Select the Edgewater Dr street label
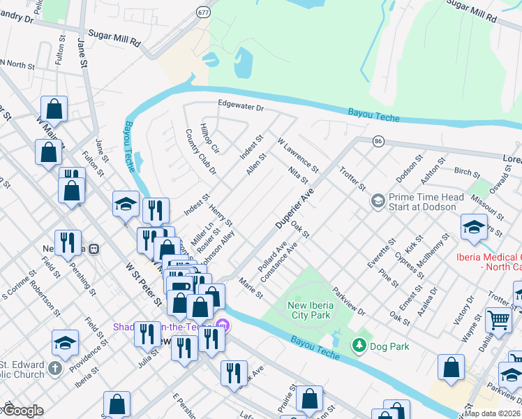(x=240, y=108)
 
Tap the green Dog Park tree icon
(x=359, y=345)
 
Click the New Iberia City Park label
(x=316, y=309)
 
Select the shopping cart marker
(x=498, y=321)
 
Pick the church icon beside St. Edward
(x=55, y=368)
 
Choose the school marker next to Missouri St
(x=474, y=228)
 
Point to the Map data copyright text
(x=493, y=413)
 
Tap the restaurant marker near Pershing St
(x=68, y=243)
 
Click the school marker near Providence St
(x=65, y=343)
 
